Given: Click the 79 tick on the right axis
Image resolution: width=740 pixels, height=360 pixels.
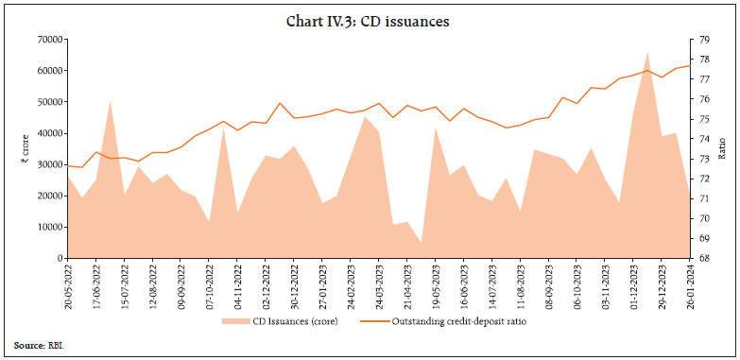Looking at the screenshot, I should pyautogui.click(x=702, y=39).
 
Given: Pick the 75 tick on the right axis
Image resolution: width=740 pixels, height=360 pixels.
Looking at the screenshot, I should pyautogui.click(x=702, y=119).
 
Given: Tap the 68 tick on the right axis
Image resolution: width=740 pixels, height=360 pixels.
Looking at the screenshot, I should pyautogui.click(x=702, y=258).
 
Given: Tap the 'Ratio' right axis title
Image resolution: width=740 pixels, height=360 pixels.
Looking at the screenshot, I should pyautogui.click(x=722, y=148).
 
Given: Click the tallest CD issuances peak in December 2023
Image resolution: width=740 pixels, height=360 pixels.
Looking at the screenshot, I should pyautogui.click(x=647, y=53).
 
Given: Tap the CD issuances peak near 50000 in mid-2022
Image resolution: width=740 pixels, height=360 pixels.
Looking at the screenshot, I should pyautogui.click(x=111, y=100).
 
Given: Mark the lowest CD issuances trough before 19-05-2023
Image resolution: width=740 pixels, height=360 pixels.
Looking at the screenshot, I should pyautogui.click(x=421, y=244).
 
